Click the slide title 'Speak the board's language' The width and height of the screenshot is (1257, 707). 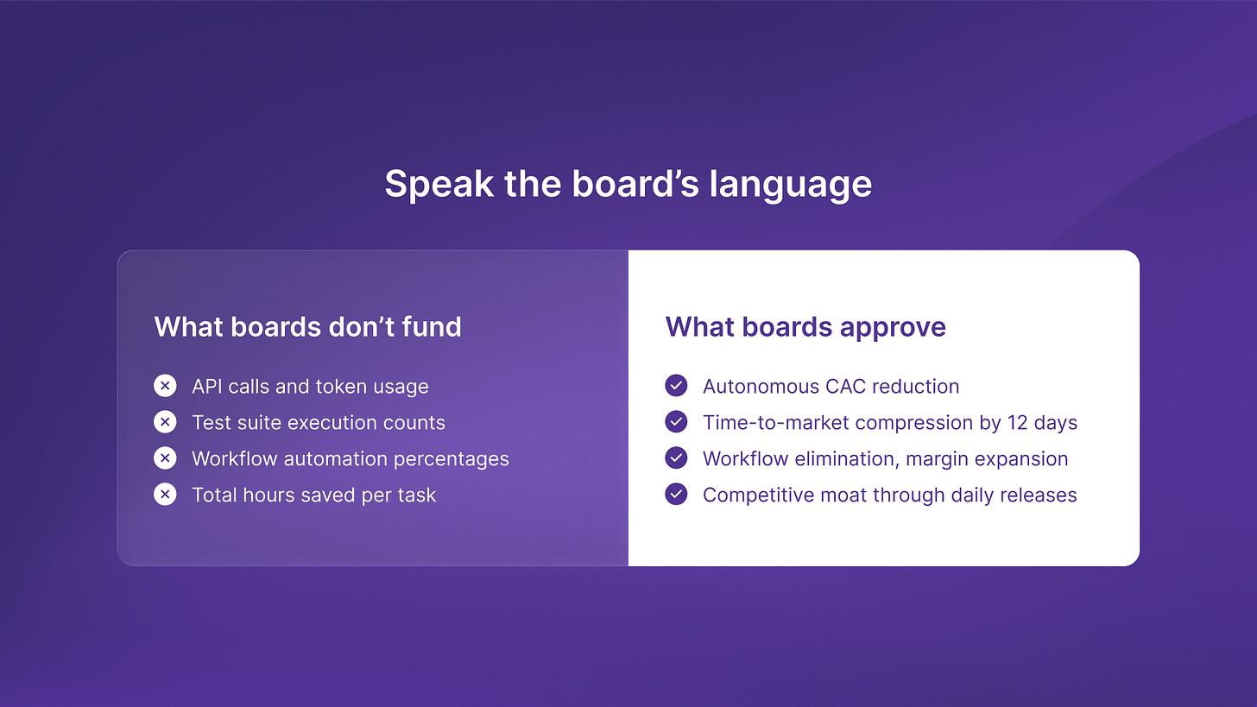pos(628,184)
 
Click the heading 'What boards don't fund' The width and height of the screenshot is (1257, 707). pos(307,326)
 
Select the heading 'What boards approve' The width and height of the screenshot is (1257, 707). pos(805,327)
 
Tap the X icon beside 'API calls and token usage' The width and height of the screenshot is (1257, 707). pos(165,386)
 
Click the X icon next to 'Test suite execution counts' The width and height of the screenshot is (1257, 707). pos(165,422)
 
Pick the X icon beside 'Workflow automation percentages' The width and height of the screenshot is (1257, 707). pos(165,458)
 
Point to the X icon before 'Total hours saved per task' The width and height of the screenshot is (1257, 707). pos(165,495)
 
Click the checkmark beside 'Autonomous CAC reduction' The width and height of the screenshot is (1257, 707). pos(676,386)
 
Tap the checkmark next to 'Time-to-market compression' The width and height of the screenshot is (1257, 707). pos(676,422)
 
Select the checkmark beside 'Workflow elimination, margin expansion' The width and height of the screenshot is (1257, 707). pos(676,458)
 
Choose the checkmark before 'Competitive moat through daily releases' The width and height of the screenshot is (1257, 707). pos(676,495)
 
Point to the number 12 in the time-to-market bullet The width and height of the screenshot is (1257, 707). pos(1017,422)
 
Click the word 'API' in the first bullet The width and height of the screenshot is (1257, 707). pos(207,386)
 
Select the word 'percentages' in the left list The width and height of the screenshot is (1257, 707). pos(452,459)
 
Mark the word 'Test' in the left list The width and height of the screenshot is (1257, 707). pos(212,422)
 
